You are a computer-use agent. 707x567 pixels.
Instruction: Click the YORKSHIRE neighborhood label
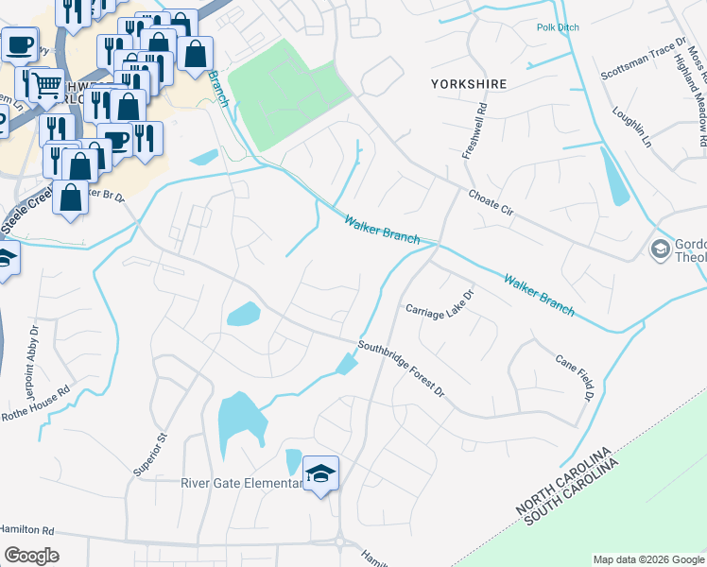point(469,84)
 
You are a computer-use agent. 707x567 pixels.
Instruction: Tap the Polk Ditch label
point(558,27)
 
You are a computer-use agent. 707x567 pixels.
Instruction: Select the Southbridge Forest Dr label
point(401,368)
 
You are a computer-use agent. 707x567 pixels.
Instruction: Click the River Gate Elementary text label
point(242,483)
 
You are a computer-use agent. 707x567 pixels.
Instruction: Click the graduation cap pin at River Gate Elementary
point(320,473)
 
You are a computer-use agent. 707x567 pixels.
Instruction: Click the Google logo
point(30,556)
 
